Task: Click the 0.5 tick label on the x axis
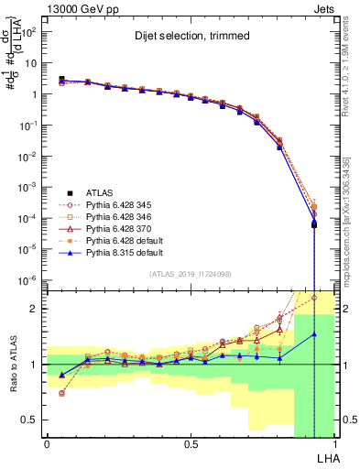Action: point(191,443)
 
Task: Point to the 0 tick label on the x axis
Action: point(47,443)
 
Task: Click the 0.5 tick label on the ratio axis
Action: point(28,420)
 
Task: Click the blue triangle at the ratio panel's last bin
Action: point(314,334)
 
